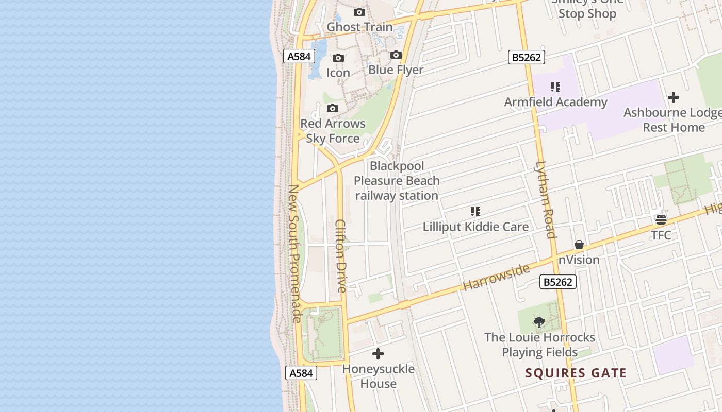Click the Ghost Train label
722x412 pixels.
tap(359, 27)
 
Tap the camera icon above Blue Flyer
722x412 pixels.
tap(396, 55)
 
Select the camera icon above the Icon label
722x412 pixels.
tap(338, 58)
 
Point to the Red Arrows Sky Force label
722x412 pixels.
tap(333, 131)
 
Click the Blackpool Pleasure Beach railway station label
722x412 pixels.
tap(397, 181)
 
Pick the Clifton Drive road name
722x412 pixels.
tap(341, 256)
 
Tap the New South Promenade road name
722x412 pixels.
tap(294, 253)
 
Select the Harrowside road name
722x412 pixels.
tap(496, 278)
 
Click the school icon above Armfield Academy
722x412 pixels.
tap(555, 87)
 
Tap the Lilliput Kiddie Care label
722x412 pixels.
tap(475, 227)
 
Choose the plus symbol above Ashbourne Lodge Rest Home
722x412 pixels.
tap(673, 97)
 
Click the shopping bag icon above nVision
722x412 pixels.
tap(579, 245)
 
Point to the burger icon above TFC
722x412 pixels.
tap(661, 220)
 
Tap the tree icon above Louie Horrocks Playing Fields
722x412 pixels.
tap(539, 322)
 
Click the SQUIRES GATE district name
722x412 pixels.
tap(576, 373)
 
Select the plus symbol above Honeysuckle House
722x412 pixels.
tap(378, 354)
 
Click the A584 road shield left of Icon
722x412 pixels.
tap(299, 56)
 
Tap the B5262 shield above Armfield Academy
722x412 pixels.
tap(527, 57)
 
